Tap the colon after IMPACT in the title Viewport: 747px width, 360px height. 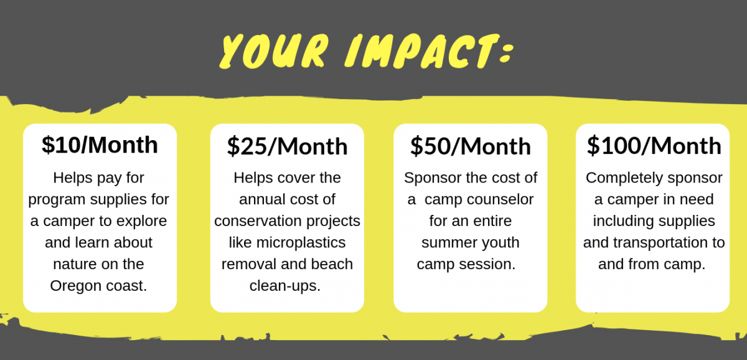tap(505, 54)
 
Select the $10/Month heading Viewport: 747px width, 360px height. tap(100, 145)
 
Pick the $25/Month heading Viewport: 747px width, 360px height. tap(287, 146)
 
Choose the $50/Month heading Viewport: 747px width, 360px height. tap(470, 146)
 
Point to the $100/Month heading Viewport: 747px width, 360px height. tap(654, 146)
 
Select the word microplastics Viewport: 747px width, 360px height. tap(301, 243)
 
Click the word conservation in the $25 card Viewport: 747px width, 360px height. tap(256, 221)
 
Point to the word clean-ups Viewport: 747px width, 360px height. tap(285, 287)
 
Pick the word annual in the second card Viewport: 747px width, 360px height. tap(260, 199)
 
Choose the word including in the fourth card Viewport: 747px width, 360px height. tap(620, 221)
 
